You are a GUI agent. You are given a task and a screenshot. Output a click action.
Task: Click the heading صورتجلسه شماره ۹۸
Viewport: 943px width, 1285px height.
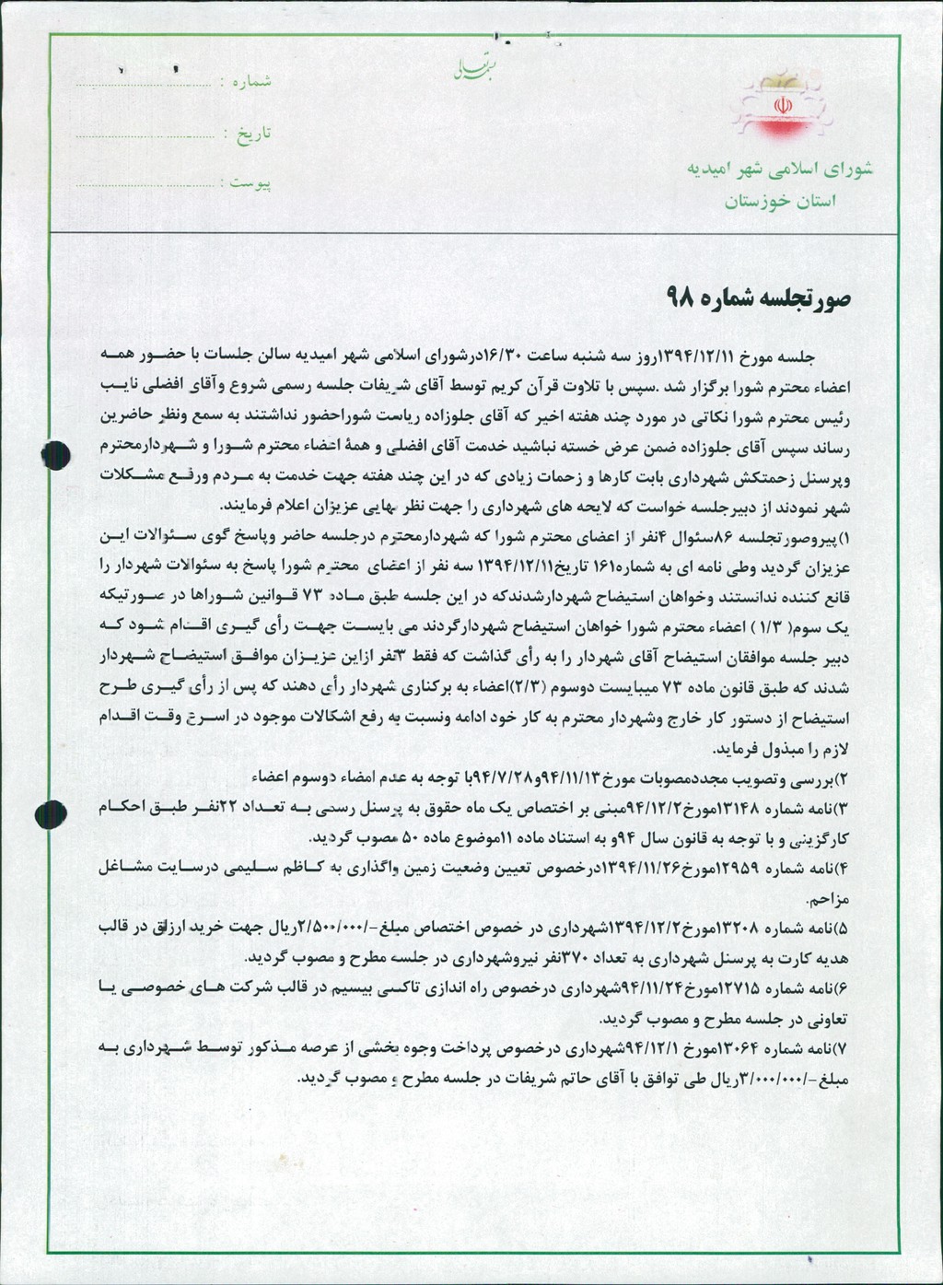759,298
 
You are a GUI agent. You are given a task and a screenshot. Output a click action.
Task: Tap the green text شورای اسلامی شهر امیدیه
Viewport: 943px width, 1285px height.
779,169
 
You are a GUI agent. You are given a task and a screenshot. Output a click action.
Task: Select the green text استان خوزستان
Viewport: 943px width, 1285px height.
780,201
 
